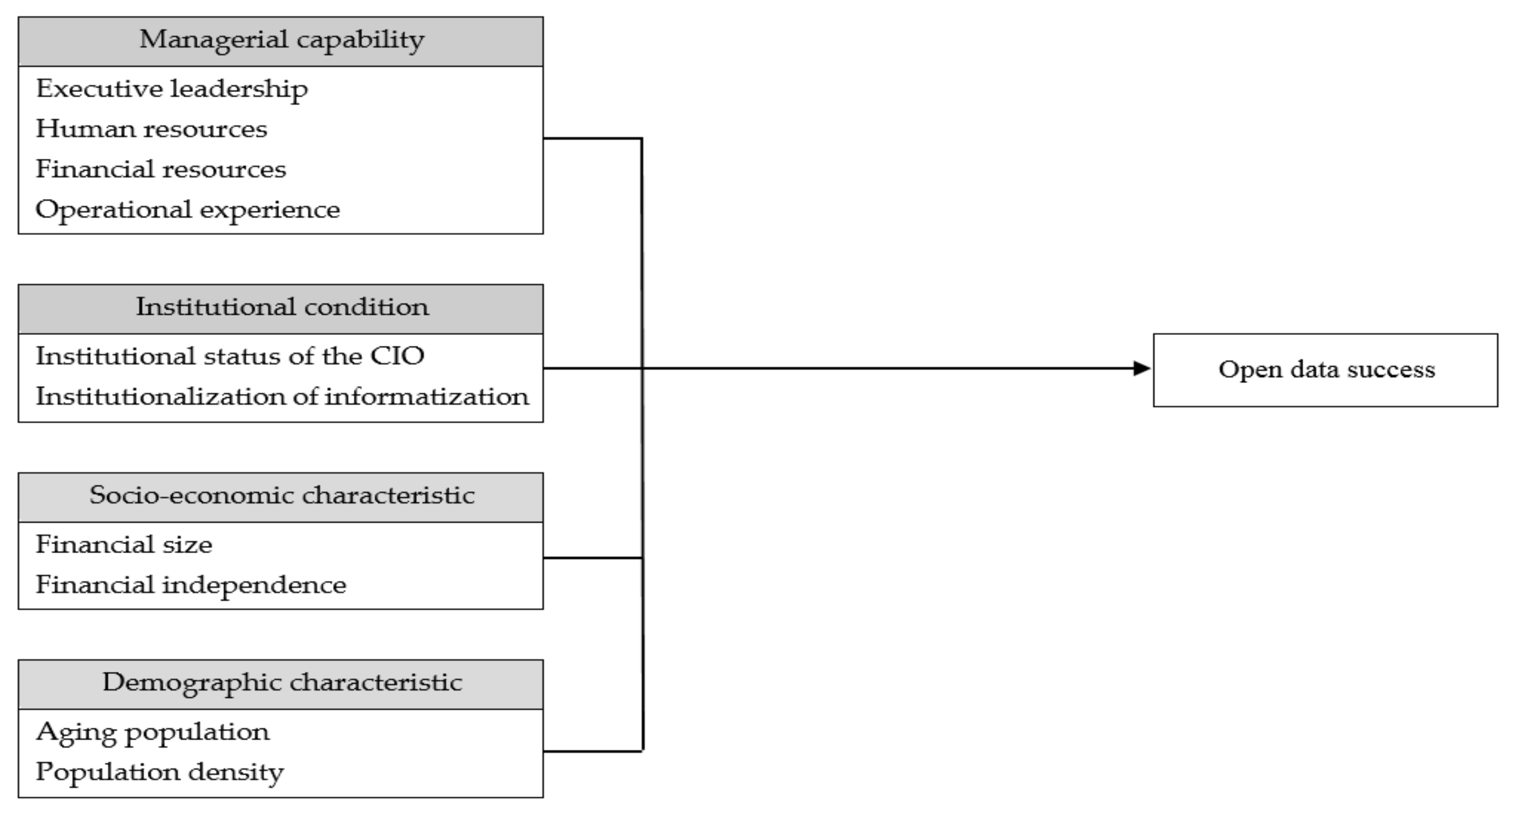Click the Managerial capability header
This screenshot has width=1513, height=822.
click(x=281, y=41)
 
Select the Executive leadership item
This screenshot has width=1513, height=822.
click(x=171, y=89)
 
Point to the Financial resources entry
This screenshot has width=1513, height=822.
click(x=161, y=170)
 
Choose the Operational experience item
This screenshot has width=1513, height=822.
click(x=188, y=210)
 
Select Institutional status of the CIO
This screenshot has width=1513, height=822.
click(x=229, y=357)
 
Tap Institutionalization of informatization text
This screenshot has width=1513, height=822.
click(x=282, y=397)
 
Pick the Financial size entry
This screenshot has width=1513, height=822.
click(x=124, y=545)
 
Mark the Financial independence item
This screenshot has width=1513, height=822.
click(x=191, y=585)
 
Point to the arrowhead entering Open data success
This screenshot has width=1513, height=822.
click(x=1141, y=368)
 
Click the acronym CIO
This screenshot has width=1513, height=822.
click(x=397, y=357)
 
